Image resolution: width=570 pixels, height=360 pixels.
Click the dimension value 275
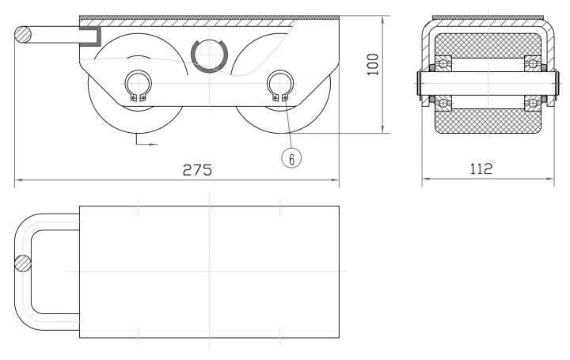point(197,169)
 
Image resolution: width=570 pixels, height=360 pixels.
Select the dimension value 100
point(373,64)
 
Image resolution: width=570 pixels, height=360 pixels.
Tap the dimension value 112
point(481,169)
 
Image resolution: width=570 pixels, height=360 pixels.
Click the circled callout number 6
point(291,158)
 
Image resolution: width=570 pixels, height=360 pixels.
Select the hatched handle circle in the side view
point(23,35)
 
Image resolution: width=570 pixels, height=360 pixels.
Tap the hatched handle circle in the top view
point(23,263)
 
